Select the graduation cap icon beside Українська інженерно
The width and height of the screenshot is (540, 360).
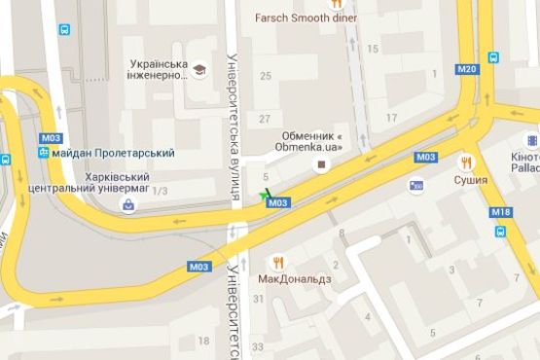pos(199,70)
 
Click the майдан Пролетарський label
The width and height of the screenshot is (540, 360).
pos(114,153)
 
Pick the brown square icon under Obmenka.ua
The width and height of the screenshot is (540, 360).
pos(313,163)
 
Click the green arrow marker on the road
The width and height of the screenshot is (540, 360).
pos(265,194)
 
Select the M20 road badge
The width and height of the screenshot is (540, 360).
pos(467,68)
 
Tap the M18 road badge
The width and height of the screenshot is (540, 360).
pos(500,212)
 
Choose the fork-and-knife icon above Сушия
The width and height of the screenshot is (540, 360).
pos(468,162)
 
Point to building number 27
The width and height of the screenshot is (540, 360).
pos(265,119)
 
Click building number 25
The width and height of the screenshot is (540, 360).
pos(265,75)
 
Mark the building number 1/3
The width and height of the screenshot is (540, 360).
pos(162,192)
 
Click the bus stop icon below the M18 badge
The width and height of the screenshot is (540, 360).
pos(500,232)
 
